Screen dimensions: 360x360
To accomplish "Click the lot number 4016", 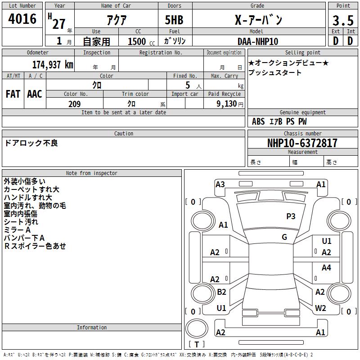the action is [22, 19].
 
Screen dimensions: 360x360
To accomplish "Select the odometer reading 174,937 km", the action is [53, 65].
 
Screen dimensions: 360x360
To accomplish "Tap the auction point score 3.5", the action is [343, 20].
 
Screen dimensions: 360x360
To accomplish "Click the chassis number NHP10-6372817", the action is [302, 143].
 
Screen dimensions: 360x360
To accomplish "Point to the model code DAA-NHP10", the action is [258, 41].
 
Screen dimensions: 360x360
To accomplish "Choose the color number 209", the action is [74, 104].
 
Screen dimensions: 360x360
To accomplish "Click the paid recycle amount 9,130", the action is [227, 104].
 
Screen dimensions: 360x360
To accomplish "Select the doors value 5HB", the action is [174, 20].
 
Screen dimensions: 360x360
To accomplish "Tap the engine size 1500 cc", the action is [141, 41].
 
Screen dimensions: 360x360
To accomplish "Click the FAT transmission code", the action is [13, 94].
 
